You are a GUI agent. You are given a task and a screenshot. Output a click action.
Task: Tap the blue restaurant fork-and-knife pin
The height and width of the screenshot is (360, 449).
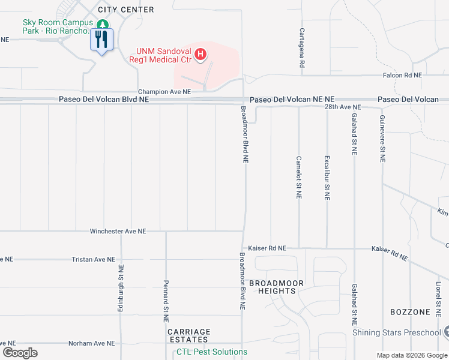[x=101, y=40]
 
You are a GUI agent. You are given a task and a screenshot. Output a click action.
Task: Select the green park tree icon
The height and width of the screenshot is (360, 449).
[x=103, y=25]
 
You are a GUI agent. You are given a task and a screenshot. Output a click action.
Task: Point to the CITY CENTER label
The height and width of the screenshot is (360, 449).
[x=129, y=10]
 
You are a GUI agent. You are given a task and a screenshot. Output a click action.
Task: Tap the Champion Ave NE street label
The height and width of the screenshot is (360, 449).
[x=164, y=92]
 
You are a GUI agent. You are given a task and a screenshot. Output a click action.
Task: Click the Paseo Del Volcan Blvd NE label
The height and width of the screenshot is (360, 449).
[x=103, y=100]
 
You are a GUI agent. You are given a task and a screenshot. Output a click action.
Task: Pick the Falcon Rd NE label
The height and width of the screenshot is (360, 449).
[x=403, y=76]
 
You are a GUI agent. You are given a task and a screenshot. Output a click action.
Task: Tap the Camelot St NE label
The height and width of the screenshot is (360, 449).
[x=299, y=178]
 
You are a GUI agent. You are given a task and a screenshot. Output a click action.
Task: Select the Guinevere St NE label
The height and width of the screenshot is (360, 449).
[x=382, y=140]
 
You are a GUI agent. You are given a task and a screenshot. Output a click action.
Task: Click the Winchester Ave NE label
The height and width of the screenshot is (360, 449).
[x=118, y=231]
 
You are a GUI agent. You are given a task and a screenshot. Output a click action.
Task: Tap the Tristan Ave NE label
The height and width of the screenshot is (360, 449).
[x=93, y=259]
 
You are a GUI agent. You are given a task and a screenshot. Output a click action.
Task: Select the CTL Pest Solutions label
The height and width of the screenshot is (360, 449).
[x=211, y=352]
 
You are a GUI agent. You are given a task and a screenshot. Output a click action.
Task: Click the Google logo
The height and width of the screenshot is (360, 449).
[x=20, y=353]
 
